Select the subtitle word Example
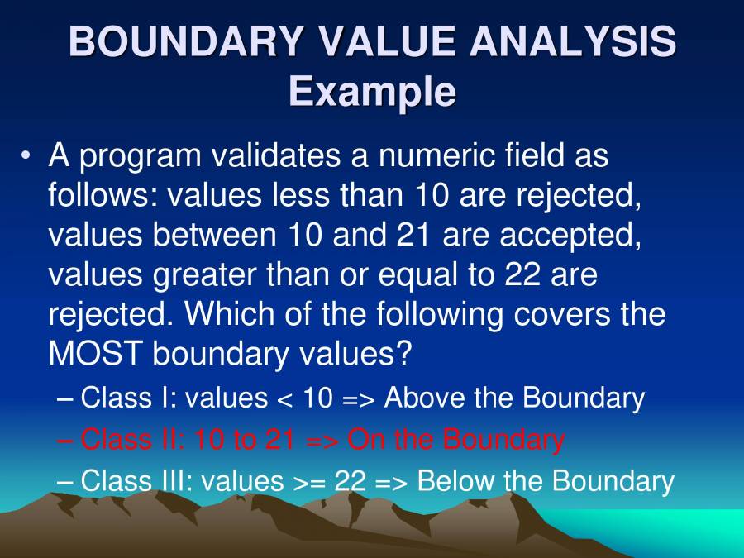pos(373,91)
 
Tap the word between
pos(214,235)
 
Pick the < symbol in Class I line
pos(284,399)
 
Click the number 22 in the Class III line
pos(351,480)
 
